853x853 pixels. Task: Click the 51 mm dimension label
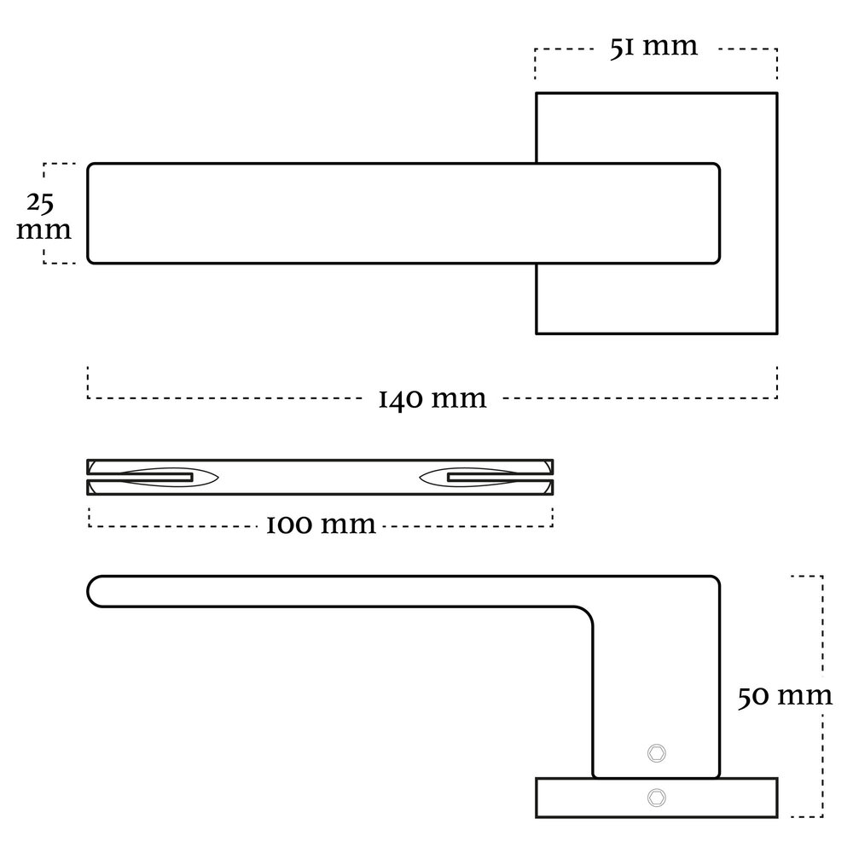653,46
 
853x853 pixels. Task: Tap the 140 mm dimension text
432,397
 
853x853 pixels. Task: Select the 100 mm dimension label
321,524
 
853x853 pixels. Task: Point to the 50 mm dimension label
785,696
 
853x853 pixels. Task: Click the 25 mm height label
42,217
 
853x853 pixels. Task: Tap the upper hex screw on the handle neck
656,752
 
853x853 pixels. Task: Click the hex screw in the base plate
656,797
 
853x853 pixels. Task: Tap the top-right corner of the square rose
776,93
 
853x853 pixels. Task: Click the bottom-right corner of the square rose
776,332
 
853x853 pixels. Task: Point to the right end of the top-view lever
718,212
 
